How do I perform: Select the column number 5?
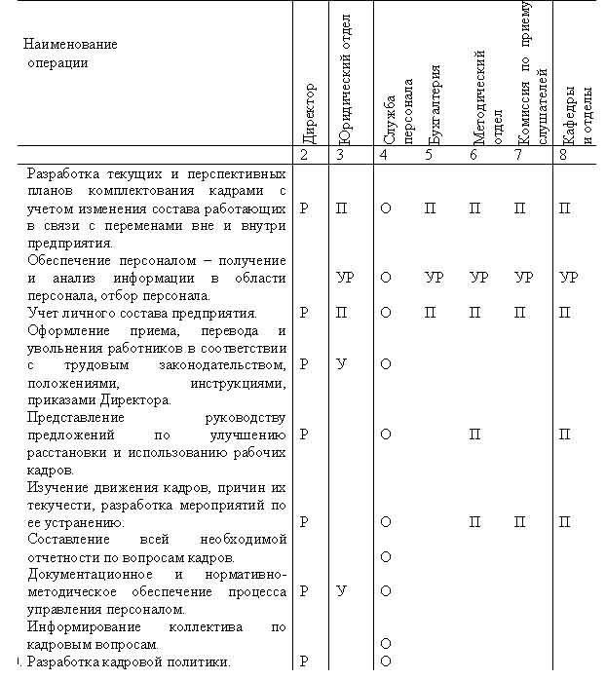(428, 155)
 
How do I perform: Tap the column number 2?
(304, 155)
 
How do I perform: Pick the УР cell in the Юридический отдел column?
(345, 278)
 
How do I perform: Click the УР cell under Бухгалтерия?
(435, 278)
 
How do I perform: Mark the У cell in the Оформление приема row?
(342, 364)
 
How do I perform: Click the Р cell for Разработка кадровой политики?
(304, 661)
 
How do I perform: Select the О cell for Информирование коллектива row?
(386, 644)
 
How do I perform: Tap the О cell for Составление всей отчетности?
(386, 556)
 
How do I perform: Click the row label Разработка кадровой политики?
(129, 662)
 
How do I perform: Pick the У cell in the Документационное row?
(342, 590)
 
